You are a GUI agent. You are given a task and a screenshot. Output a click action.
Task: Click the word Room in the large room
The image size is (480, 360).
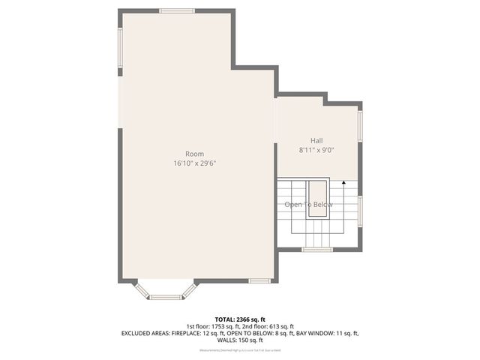tap(194, 154)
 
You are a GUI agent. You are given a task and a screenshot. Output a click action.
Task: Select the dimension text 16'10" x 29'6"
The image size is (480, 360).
tap(194, 163)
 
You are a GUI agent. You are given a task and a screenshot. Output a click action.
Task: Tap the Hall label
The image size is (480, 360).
tap(316, 141)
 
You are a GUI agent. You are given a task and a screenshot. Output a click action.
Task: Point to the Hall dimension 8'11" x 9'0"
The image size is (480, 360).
tap(316, 150)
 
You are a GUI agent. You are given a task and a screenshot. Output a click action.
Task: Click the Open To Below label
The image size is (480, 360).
tap(308, 205)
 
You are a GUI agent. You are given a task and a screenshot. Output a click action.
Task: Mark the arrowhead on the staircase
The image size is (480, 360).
tap(343, 182)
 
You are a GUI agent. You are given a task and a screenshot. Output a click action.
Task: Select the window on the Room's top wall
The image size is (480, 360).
tap(177, 11)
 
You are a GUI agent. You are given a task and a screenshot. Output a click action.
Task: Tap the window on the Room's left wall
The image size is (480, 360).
tap(120, 48)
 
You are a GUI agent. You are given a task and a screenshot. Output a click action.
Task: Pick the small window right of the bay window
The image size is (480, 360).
tap(259, 281)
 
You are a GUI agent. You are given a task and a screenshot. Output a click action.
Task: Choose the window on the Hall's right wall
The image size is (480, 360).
tap(360, 125)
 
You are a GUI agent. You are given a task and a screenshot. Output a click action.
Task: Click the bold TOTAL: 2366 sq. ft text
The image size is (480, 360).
tap(239, 319)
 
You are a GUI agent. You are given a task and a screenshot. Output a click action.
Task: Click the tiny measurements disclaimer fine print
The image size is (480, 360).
tap(239, 350)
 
